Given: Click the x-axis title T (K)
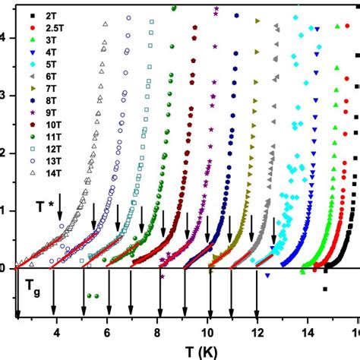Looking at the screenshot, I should pyautogui.click(x=183, y=351).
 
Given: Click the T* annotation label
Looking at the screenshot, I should pyautogui.click(x=45, y=206).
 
